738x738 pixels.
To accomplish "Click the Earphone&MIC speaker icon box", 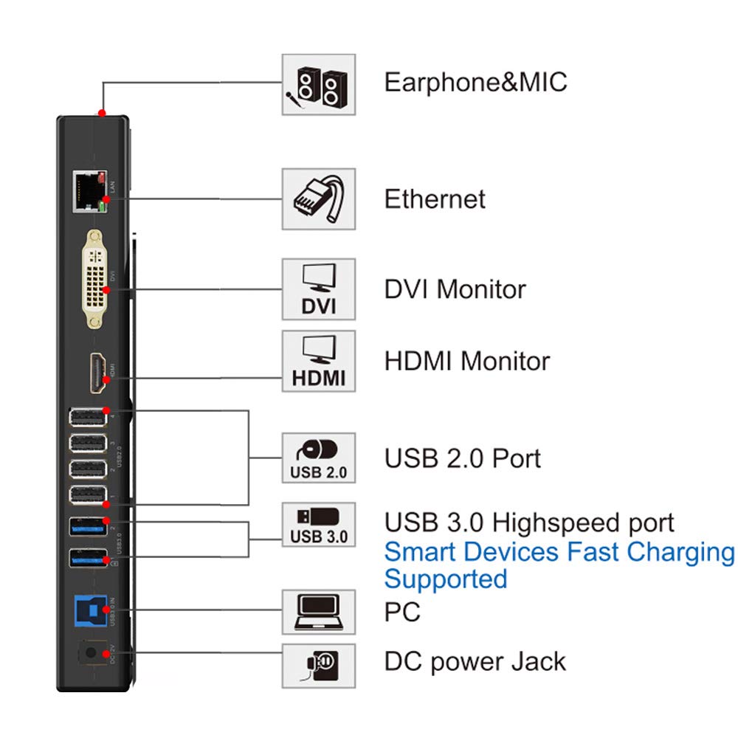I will tap(318, 84).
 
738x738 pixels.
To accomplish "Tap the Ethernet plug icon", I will tap(318, 199).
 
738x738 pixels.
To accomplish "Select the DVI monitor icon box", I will tap(318, 289).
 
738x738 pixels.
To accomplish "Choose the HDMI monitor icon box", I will tap(318, 361).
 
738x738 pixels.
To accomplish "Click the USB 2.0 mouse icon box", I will tap(318, 458).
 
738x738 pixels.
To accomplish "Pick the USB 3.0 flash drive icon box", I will tap(318, 525).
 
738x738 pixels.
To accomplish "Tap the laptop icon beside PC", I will tap(318, 612).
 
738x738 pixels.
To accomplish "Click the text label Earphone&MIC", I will tap(475, 81).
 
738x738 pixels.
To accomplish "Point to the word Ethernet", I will tap(435, 199).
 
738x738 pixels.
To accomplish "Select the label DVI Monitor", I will tap(455, 289).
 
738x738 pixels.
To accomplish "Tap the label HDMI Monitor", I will tap(466, 361).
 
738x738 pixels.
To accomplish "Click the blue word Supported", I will tap(446, 579).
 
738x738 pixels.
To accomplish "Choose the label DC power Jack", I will tap(475, 661).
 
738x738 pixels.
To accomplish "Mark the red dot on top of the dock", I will tap(101, 114).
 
